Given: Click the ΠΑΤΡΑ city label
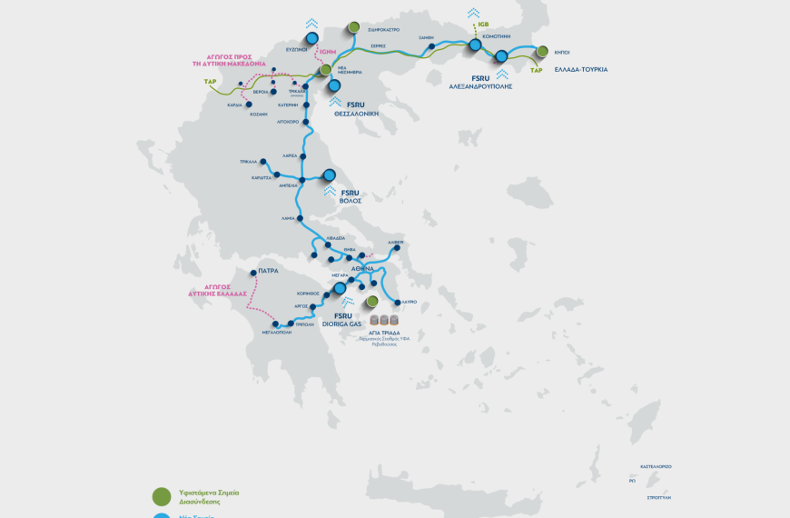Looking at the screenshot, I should coord(267,271).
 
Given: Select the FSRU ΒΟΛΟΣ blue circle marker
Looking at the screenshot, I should coord(329,175).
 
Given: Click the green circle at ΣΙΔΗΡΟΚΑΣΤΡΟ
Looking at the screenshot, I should coord(353,27).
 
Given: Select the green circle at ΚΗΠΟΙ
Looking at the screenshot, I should coord(542,51).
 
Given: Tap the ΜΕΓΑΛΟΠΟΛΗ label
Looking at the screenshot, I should coord(275,334).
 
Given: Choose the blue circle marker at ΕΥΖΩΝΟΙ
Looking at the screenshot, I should coord(312,38).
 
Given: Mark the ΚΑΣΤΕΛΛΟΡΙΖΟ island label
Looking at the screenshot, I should coord(656,466).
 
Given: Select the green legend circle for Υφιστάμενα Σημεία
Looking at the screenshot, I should coord(161,495).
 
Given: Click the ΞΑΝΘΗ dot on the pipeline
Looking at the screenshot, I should coord(432,45).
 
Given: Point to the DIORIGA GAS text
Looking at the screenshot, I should coord(342,324).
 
